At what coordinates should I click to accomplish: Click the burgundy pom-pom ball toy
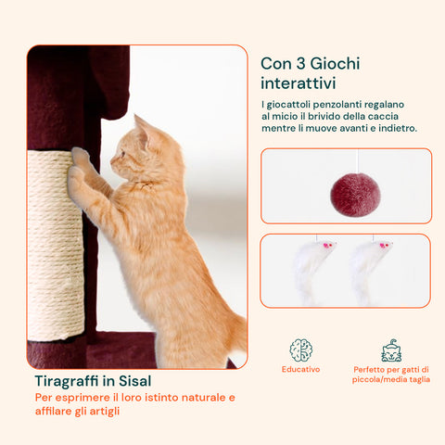coord(355,195)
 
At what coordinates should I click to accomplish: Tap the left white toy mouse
coord(311,270)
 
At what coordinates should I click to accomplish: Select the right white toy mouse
coord(368,270)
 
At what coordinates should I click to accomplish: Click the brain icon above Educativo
coord(301,350)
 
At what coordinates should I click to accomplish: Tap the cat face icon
coord(391,350)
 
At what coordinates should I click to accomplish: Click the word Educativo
coord(300,369)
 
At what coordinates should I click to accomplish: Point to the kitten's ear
coord(141,127)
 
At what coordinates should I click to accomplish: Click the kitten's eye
coord(122,153)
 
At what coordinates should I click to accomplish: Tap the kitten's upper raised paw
coord(80,156)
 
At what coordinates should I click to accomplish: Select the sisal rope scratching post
coord(56,246)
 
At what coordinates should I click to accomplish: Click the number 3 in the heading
coord(300,64)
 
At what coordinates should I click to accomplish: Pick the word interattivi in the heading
coord(298,83)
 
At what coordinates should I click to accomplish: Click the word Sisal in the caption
coord(135,381)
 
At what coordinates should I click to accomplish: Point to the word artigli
coord(105,412)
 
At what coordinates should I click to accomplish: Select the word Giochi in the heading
coord(335,64)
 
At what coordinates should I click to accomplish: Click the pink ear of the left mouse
coord(326,246)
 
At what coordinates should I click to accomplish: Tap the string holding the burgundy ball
coord(358,161)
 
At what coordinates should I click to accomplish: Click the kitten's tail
coord(238,332)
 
